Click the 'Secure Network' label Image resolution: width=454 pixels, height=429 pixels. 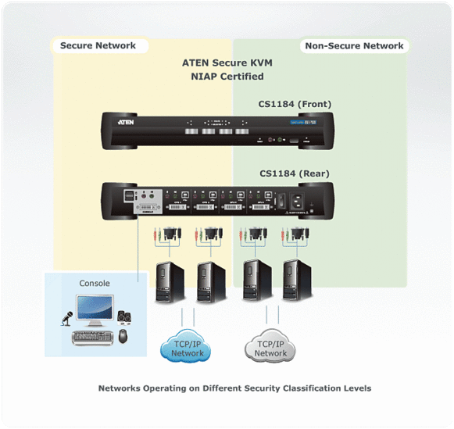(x=98, y=45)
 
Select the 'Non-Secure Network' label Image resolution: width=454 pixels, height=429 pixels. (x=354, y=45)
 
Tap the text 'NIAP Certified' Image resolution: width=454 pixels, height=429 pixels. (x=227, y=77)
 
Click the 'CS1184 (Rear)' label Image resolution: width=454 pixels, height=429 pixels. (x=294, y=173)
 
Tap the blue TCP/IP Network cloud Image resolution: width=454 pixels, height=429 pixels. (x=188, y=348)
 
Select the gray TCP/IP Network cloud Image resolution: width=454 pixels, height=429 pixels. (x=270, y=348)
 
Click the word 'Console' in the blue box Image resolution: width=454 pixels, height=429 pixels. (x=95, y=283)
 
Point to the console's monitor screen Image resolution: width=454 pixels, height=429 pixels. (x=94, y=308)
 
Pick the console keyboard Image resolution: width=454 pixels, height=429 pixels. (x=94, y=337)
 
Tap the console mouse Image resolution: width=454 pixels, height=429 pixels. (x=123, y=336)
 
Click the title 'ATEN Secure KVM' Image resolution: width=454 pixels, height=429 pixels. (x=227, y=63)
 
